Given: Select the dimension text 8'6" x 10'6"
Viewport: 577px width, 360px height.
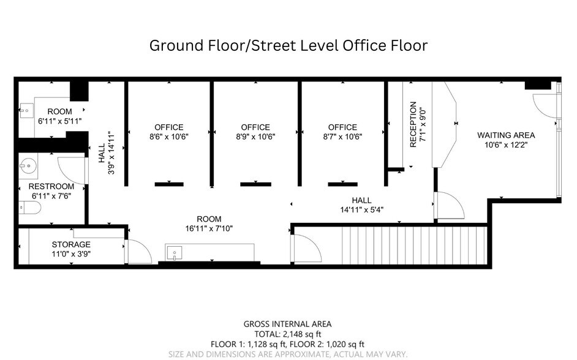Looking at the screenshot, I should [x=168, y=137].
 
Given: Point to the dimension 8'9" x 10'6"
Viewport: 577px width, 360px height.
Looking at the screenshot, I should [x=255, y=137].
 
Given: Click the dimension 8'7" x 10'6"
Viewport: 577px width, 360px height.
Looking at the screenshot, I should [x=342, y=137].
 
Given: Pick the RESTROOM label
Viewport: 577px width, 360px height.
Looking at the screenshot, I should [x=51, y=186].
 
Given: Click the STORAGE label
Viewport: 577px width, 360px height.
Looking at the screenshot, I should [x=71, y=244].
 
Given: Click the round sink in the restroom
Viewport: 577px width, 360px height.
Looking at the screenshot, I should [x=26, y=165].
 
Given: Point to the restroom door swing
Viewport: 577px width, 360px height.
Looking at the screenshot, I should [x=71, y=170].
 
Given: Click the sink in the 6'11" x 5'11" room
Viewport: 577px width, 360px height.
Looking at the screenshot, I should [x=25, y=112].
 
